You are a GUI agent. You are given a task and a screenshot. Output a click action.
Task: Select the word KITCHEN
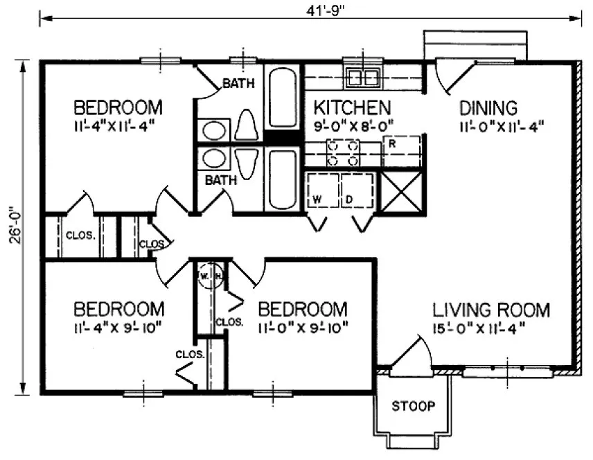pyautogui.click(x=353, y=108)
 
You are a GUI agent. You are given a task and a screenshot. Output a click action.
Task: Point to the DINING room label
pyautogui.click(x=488, y=108)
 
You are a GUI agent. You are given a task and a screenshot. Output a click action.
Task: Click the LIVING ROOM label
pyautogui.click(x=491, y=309)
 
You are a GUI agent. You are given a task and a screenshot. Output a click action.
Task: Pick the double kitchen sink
pyautogui.click(x=362, y=76)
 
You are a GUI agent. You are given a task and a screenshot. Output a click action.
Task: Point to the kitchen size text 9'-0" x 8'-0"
pyautogui.click(x=353, y=126)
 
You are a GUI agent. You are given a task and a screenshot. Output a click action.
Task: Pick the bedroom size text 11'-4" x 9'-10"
pyautogui.click(x=118, y=326)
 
